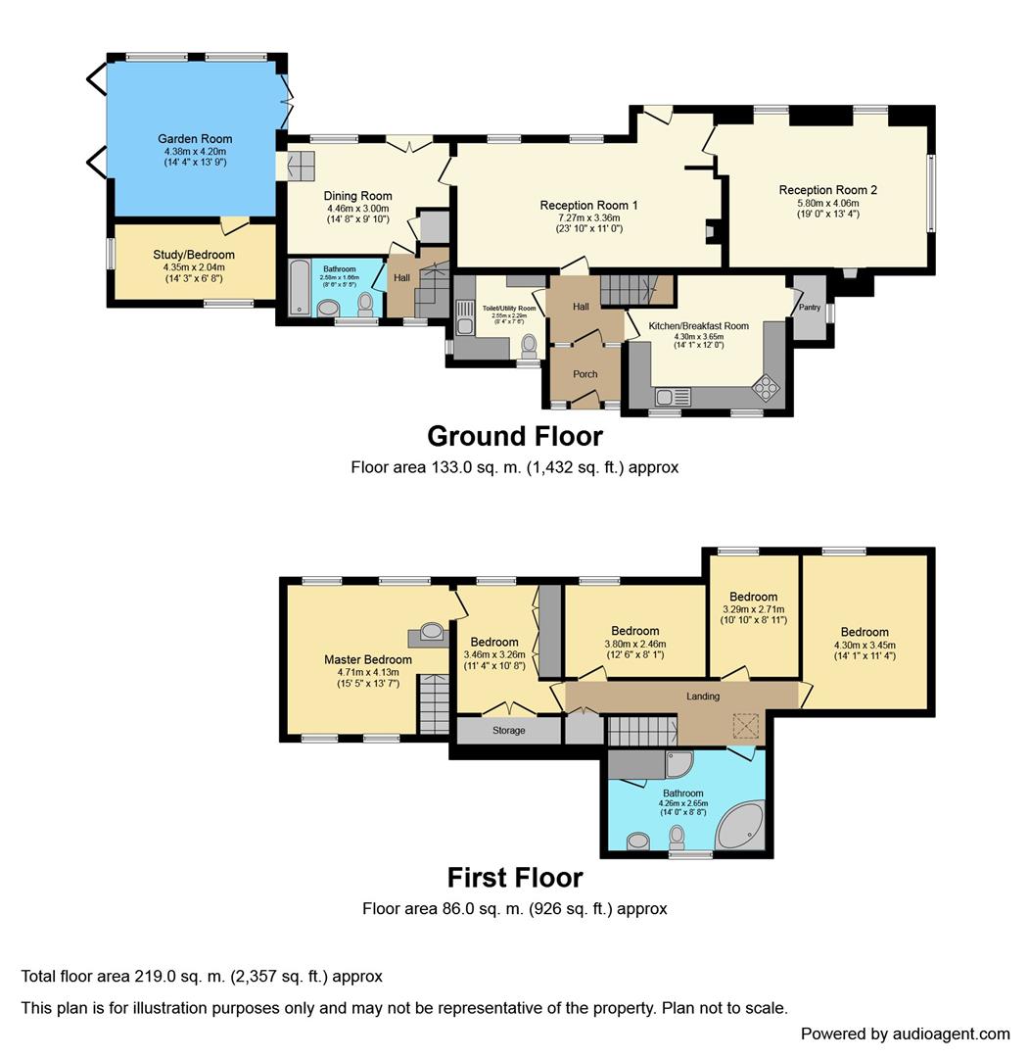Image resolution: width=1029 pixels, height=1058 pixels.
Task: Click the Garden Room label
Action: pos(195,139)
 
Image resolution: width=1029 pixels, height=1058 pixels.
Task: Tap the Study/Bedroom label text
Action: pos(194,255)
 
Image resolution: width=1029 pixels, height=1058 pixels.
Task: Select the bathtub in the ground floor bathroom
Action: pos(299,286)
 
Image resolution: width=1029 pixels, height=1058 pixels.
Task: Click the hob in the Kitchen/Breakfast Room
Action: pos(765,388)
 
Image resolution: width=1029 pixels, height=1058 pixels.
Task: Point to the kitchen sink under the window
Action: pos(674,396)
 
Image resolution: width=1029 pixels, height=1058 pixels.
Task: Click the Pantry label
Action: pos(810,307)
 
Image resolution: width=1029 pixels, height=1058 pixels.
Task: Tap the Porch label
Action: pos(585,373)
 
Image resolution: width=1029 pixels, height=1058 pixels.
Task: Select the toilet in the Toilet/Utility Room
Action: pos(530,345)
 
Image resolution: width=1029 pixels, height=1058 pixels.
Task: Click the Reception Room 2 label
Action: pos(827,190)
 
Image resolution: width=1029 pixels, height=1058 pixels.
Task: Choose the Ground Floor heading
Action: pos(514,435)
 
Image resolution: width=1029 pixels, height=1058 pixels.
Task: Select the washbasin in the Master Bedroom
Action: pos(431,631)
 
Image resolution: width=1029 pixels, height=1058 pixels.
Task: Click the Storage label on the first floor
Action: pos(508,731)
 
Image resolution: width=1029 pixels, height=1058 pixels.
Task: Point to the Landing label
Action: pos(703,697)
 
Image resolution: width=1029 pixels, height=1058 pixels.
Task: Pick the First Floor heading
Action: pos(514,876)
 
